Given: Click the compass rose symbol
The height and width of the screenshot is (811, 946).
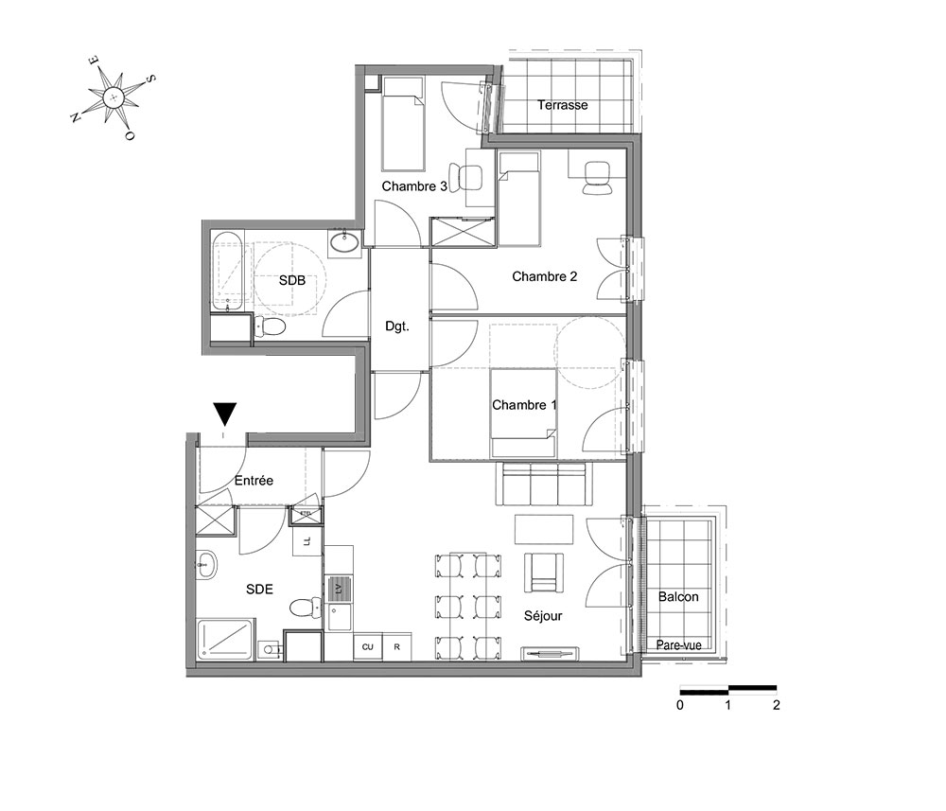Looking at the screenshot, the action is pos(114,97).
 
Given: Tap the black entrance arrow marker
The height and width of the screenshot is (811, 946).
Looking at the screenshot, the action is pos(225,414).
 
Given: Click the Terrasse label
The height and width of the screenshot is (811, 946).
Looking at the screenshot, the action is pos(562,105).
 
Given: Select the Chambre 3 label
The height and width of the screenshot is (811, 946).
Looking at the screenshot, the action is pos(414,186).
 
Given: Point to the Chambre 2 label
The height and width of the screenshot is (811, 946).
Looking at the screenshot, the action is pos(544,276).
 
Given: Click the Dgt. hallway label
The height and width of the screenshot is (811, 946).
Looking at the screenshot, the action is pos(397,326).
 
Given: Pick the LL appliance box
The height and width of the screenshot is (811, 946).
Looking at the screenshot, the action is pos(307,541).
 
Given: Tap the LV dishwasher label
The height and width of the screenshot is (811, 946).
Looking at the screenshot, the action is pos(339,588).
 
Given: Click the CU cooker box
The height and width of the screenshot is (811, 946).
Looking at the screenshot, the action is pos(367,646).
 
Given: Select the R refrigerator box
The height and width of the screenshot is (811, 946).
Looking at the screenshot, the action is pos(397,646).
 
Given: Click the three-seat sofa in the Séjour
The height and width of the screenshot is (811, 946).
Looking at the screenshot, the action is pos(540,484).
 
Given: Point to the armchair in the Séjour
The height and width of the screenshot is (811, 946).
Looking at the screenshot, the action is pos(544,573).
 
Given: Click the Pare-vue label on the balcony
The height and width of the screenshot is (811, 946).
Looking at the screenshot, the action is pos(678,645).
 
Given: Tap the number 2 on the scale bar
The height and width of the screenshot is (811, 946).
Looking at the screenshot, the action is pos(777,705).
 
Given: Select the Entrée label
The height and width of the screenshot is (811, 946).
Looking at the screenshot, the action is pos(254,481).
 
